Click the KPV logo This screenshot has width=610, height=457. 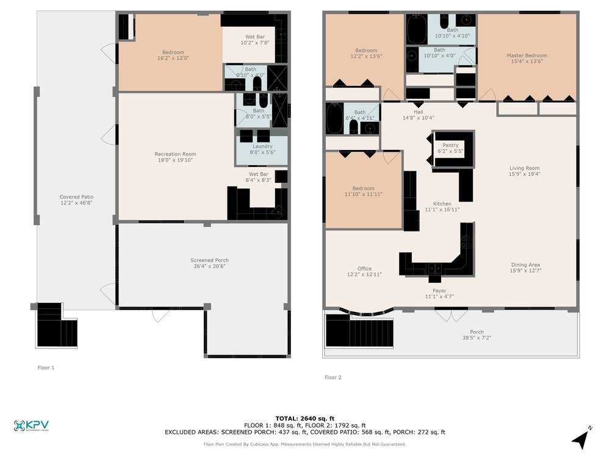click(x=31, y=425)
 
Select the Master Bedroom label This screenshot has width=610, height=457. click(x=527, y=55)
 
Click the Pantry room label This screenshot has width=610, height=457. click(x=451, y=146)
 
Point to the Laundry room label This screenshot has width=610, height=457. click(x=262, y=146)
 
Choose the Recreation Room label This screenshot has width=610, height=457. click(x=176, y=154)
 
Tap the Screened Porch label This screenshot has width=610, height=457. click(x=210, y=260)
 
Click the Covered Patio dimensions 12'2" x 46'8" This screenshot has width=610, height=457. click(x=76, y=203)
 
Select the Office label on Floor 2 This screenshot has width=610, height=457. click(x=365, y=269)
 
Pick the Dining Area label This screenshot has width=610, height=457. click(x=526, y=264)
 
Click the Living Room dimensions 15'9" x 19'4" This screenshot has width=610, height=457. click(x=525, y=174)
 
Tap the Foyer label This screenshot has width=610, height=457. click(x=439, y=291)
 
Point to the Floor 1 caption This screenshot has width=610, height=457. click(x=46, y=367)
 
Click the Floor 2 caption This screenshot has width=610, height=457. click(x=333, y=377)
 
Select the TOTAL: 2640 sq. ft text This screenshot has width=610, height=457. click(x=305, y=419)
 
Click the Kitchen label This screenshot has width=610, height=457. click(x=442, y=204)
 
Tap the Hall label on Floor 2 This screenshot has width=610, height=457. click(x=418, y=112)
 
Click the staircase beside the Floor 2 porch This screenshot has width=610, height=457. click(x=359, y=330)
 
